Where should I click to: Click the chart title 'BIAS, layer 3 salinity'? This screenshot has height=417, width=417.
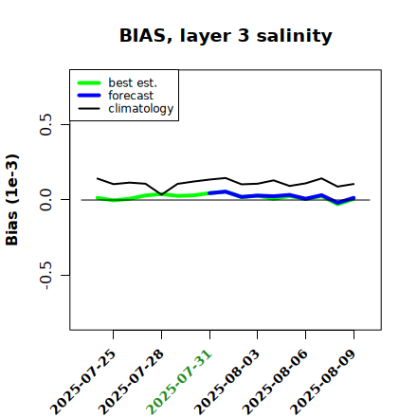coord(226,36)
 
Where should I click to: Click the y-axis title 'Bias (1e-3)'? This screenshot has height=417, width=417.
coord(11,200)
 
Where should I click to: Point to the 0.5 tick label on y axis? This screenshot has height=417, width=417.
coord(45,124)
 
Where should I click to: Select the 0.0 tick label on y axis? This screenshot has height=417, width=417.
coord(45,200)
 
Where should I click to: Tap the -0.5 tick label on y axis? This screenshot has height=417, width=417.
coord(45,276)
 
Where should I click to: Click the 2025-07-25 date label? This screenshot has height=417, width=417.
coord(83,382)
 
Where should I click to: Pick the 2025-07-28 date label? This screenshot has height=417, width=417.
coord(131,382)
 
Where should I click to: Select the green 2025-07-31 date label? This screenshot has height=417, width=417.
coord(179,382)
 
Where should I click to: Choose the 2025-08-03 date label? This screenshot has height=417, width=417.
coord(227,382)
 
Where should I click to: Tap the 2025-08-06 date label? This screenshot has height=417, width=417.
coord(275,382)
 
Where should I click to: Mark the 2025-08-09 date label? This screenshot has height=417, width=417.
coord(323,382)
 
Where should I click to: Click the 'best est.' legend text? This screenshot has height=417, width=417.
coord(133,82)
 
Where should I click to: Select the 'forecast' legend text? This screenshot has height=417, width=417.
coord(131,96)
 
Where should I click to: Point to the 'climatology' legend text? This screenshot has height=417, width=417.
coord(141,109)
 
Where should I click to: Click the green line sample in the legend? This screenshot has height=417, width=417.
coord(89,82)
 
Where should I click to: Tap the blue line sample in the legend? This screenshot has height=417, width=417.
coord(89,96)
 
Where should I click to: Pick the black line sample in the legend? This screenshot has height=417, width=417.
coord(89,109)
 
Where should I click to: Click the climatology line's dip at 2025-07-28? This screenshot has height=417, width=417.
coord(162,194)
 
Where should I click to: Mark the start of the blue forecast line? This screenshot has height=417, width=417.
coord(209,193)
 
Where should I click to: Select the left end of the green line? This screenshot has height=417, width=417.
coord(97,198)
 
